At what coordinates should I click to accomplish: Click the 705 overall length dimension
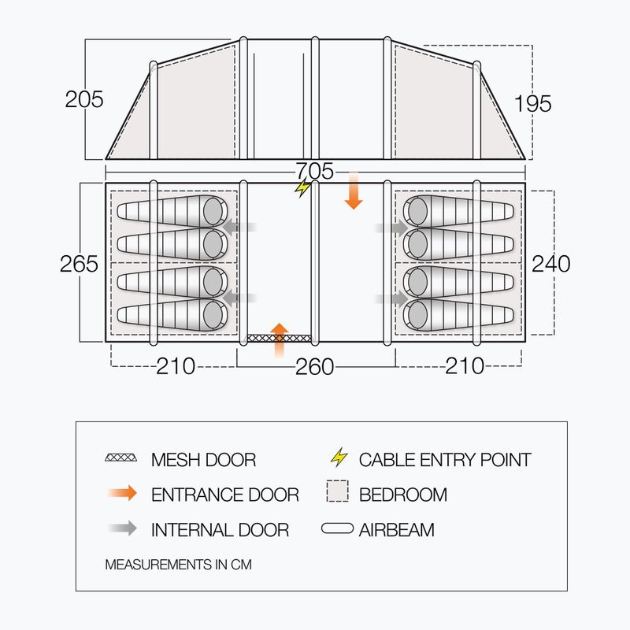coord(315,171)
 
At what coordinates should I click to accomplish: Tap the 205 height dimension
coord(84,99)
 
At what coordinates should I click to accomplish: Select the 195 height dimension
coord(533,104)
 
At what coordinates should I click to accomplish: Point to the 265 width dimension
coord(79,264)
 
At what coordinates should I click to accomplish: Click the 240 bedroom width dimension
coord(550,264)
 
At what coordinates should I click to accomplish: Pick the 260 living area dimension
coord(314,366)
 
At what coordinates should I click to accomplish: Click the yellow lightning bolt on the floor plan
coord(302,187)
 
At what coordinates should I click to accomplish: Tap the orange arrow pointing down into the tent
coord(354,191)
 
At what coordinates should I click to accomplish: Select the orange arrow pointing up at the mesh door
coord(280,340)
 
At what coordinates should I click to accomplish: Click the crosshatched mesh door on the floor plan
coord(279,339)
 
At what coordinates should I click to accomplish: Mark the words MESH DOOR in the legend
coord(203,460)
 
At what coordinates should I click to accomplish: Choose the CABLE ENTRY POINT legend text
coord(445,460)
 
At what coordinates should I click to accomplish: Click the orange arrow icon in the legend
coord(123,493)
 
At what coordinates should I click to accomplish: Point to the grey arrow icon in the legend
coord(123,528)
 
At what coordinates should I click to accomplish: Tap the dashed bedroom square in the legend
coord(338,491)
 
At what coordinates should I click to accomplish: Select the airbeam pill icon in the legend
coord(338,528)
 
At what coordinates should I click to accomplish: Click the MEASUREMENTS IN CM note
coord(179,565)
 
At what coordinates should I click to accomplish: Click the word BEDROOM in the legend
coord(403,495)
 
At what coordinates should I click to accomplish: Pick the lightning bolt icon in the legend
coord(339,458)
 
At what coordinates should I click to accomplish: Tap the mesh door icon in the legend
coord(120,458)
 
